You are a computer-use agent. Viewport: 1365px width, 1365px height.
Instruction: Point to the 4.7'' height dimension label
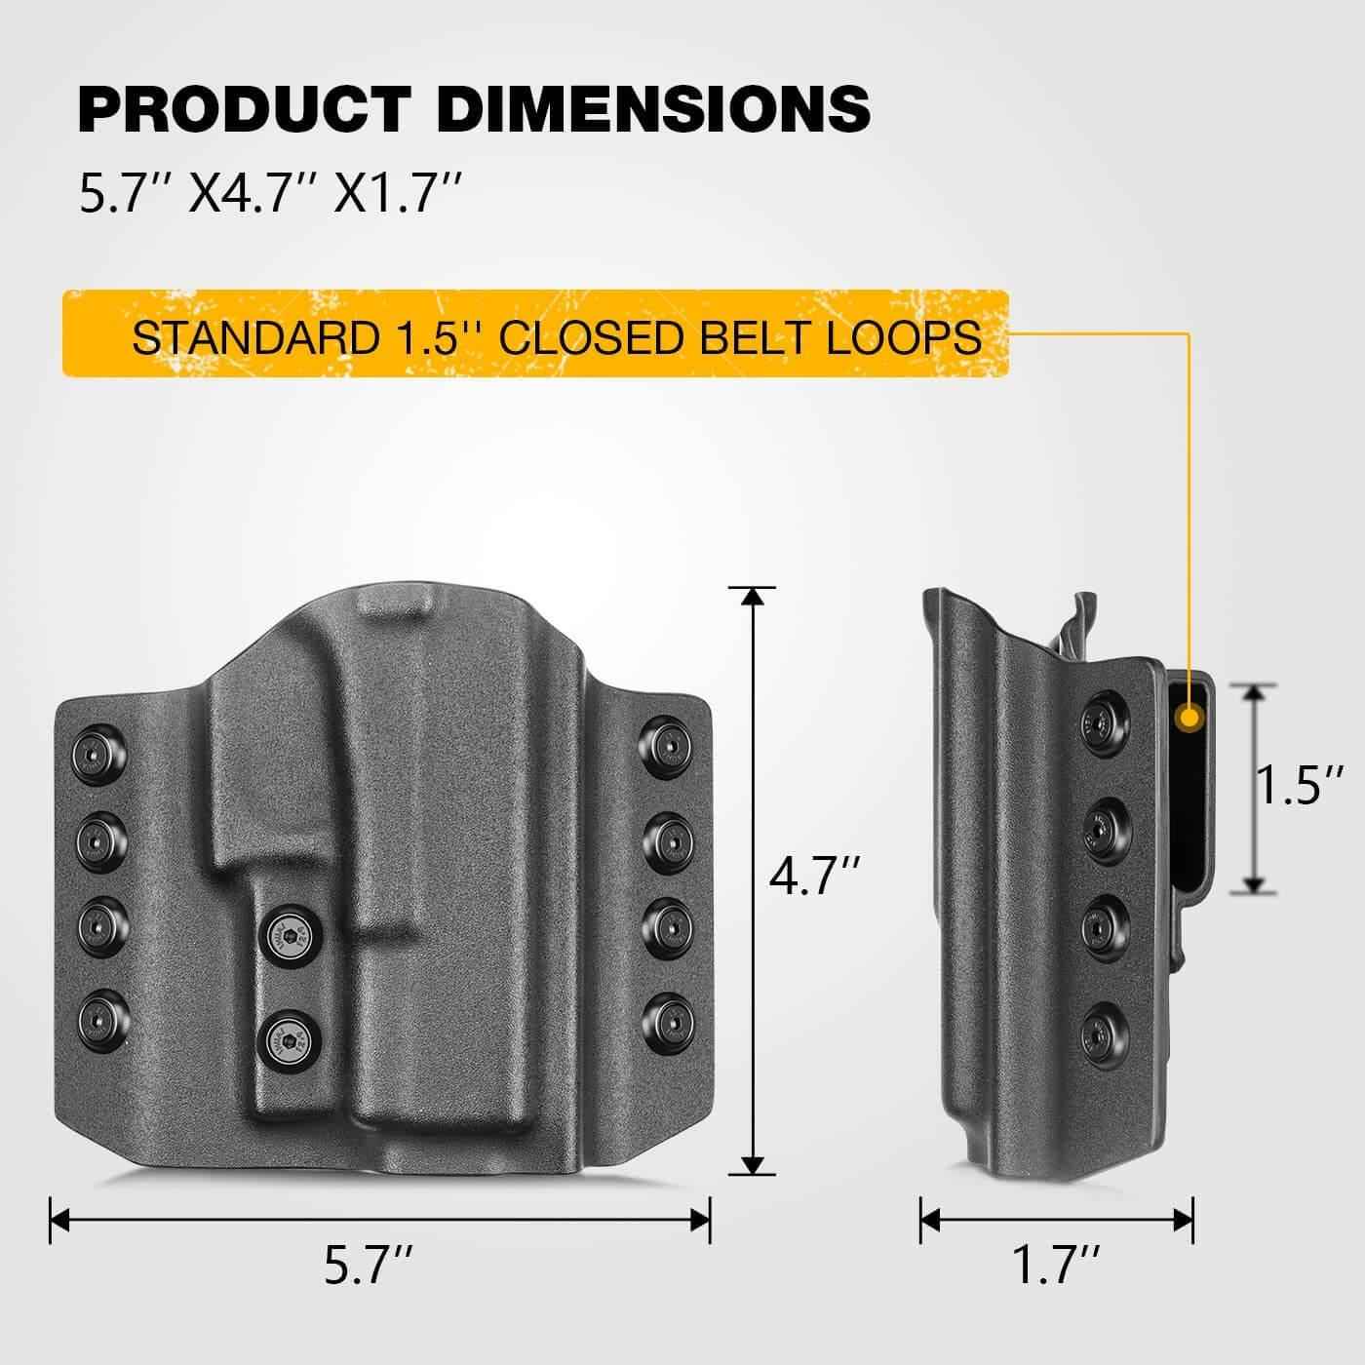tap(815, 877)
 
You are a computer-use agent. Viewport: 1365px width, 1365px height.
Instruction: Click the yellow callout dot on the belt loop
tap(1189, 719)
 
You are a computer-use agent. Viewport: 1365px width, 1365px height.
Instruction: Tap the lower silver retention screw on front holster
tap(286, 1034)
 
